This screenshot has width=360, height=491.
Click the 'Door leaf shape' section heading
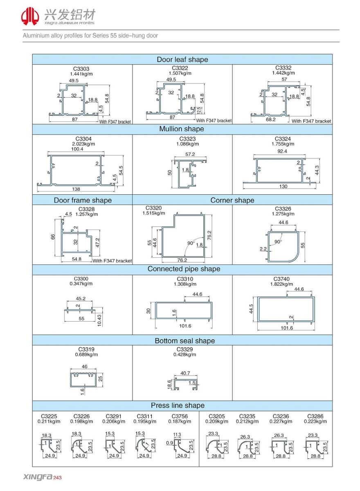pyautogui.click(x=182, y=60)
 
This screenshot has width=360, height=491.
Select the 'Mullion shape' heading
pyautogui.click(x=182, y=129)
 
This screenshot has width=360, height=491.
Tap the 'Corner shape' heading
pyautogui.click(x=232, y=200)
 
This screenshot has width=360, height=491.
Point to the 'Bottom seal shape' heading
pyautogui.click(x=184, y=341)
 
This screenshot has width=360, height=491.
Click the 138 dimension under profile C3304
pyautogui.click(x=76, y=189)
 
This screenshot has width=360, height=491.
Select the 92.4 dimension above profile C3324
pyautogui.click(x=282, y=151)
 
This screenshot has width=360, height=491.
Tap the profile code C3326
pyautogui.click(x=283, y=209)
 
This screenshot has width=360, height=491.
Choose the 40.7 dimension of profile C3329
pyautogui.click(x=185, y=373)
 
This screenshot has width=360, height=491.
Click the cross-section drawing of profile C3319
pyautogui.click(x=82, y=379)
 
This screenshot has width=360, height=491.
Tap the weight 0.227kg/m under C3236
pyautogui.click(x=280, y=421)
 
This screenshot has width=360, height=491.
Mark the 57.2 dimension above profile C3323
pyautogui.click(x=190, y=155)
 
